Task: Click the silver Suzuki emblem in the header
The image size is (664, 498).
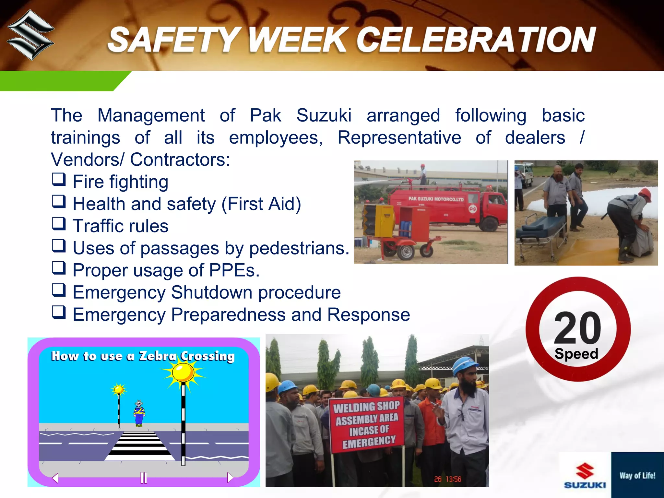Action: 30,35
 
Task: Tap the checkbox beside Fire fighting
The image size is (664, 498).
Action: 59,179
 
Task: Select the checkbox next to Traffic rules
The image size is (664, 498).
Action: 59,224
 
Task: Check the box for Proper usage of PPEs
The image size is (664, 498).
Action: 59,268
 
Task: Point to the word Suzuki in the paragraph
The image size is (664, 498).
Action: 324,115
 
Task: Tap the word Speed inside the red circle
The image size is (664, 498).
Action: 576,354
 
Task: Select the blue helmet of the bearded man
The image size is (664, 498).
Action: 465,365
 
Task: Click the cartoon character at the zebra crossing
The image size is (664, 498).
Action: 139,413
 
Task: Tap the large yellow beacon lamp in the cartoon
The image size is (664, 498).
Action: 183,372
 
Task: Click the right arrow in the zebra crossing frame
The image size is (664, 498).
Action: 230,477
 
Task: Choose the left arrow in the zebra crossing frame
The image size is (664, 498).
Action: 55,478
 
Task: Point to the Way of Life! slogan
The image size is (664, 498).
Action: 637,476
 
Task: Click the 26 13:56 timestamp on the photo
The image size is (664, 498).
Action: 447,479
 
